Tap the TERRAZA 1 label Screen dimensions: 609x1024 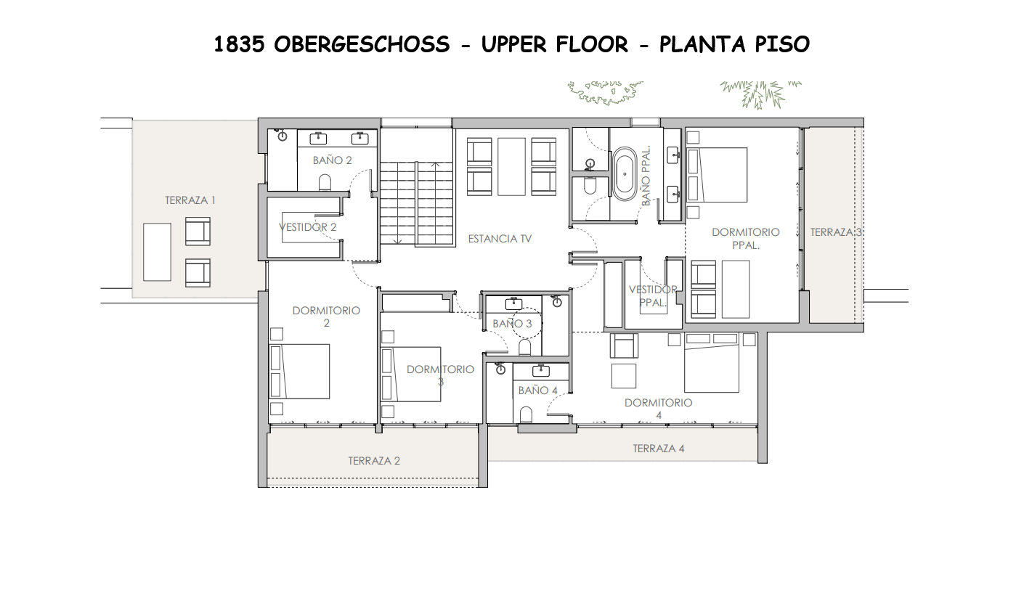point(190,200)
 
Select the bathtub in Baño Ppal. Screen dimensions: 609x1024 point(624,174)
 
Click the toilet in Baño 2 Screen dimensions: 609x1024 point(325,182)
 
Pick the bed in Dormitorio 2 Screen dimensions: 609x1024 point(300,371)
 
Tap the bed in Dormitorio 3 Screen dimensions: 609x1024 point(411,374)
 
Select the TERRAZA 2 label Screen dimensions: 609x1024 point(374,460)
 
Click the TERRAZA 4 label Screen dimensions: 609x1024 point(658,449)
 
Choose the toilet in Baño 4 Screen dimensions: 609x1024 point(527,414)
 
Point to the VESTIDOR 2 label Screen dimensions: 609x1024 point(308,227)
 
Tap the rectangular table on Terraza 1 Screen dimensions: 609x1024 point(157,252)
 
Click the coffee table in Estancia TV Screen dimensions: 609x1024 point(511,166)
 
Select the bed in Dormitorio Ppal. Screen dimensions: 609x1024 point(718,175)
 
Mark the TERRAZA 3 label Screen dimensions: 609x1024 point(836,232)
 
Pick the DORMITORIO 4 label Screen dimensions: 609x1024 point(658,409)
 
